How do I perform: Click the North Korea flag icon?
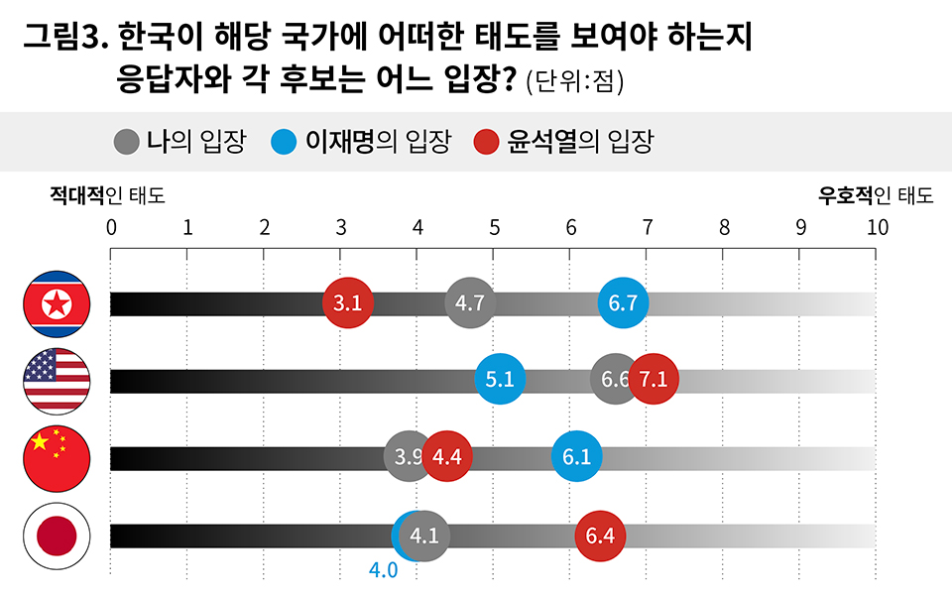tap(57, 303)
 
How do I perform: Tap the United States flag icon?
tap(57, 381)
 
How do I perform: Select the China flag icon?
tap(57, 458)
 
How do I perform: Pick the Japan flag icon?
tap(57, 536)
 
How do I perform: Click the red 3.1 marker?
tap(348, 303)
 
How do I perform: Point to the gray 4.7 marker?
tap(470, 303)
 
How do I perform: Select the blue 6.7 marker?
tap(624, 303)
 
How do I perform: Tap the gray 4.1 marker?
tap(425, 536)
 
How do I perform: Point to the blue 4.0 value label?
tap(383, 571)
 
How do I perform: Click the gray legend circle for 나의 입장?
tap(126, 142)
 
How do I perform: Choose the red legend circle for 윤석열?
tap(486, 142)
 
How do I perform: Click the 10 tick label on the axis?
tap(877, 227)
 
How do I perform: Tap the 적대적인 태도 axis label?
tap(107, 195)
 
